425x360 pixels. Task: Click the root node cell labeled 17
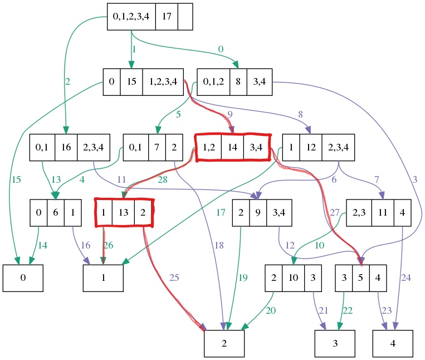pyautogui.click(x=167, y=16)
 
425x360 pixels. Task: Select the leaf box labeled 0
pyautogui.click(x=23, y=278)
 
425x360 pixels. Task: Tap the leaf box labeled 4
pyautogui.click(x=393, y=343)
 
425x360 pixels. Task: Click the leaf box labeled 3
pyautogui.click(x=335, y=343)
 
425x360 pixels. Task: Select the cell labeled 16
pyautogui.click(x=66, y=148)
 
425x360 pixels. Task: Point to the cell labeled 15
pyautogui.click(x=131, y=82)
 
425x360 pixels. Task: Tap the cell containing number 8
pyautogui.click(x=238, y=82)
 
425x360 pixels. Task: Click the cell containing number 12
pyautogui.click(x=311, y=148)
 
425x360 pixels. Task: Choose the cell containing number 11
pyautogui.click(x=383, y=212)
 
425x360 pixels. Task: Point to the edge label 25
pyautogui.click(x=174, y=278)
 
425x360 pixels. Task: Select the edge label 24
pyautogui.click(x=406, y=278)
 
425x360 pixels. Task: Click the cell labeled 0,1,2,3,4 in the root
pyautogui.click(x=131, y=16)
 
